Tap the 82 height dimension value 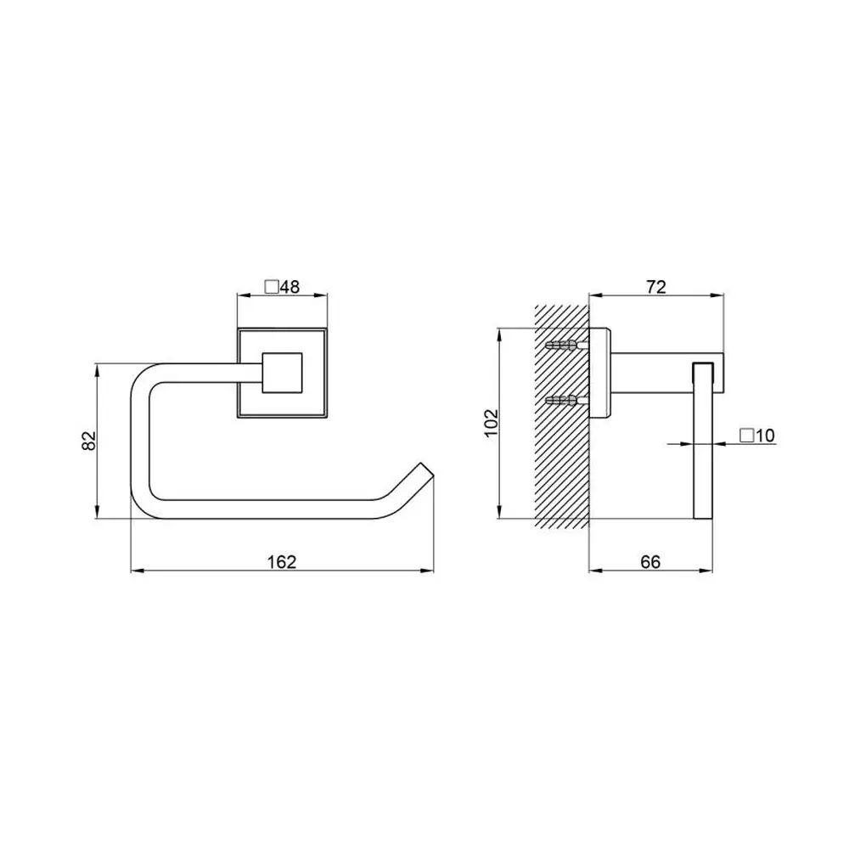click(88, 440)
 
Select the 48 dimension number click(290, 286)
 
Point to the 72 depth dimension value click(655, 287)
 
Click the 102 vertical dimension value click(490, 423)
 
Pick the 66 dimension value click(650, 562)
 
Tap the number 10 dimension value click(766, 436)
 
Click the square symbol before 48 click(272, 286)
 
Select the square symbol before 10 click(747, 436)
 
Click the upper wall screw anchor click(566, 345)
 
